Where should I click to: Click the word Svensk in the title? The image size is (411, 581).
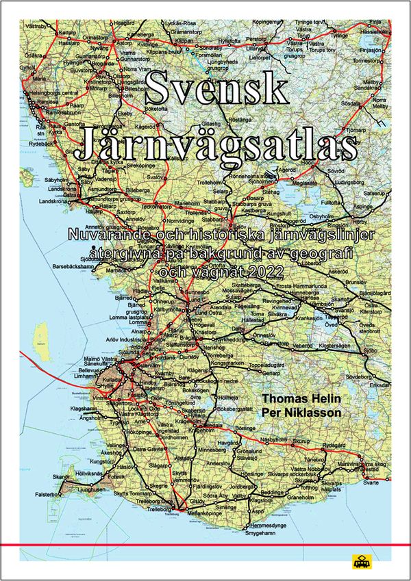pyautogui.click(x=207, y=87)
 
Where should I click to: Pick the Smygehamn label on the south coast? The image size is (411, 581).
pyautogui.click(x=263, y=531)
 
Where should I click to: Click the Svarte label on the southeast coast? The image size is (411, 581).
pyautogui.click(x=371, y=482)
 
